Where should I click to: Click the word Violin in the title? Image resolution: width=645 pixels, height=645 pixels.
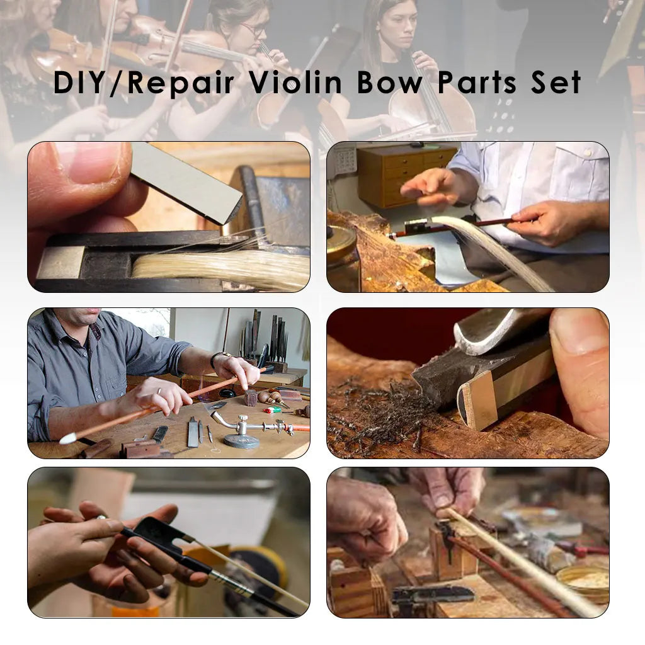295,83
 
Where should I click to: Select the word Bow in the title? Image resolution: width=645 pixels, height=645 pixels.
389,83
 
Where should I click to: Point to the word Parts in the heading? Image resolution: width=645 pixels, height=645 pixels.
477,83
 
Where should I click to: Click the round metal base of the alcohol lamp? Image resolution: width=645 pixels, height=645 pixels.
241,440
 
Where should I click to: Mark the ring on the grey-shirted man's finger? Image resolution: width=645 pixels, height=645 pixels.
159,391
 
